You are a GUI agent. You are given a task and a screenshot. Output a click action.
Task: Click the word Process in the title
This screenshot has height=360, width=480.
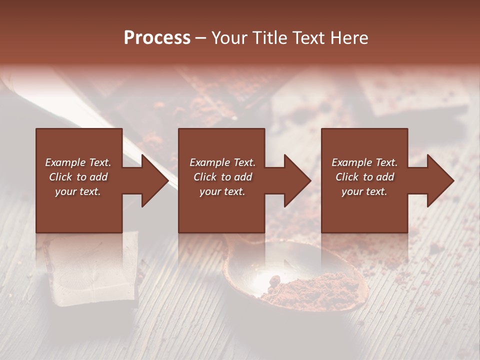click(x=157, y=38)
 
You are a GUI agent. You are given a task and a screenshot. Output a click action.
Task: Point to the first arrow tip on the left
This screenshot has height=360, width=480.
click(x=166, y=180)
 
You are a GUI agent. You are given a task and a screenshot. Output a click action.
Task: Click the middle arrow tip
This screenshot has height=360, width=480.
click(x=308, y=180)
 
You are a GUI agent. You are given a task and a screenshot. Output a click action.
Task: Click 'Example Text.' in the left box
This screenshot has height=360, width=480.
click(x=78, y=162)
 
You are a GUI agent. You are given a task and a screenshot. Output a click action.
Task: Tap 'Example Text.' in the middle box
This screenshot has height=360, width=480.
click(x=222, y=162)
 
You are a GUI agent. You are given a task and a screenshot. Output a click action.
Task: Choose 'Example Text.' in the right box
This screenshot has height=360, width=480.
click(x=364, y=162)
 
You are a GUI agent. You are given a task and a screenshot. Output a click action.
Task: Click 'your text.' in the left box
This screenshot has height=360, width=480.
click(x=78, y=191)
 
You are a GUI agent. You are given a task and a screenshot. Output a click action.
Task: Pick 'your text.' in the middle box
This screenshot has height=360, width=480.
click(x=222, y=191)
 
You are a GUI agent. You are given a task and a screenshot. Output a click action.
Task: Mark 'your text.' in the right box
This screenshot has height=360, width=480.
click(x=364, y=191)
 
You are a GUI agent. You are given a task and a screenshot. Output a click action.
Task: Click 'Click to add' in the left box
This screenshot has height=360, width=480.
click(x=78, y=177)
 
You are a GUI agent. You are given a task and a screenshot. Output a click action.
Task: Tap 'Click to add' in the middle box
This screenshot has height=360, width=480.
click(x=222, y=177)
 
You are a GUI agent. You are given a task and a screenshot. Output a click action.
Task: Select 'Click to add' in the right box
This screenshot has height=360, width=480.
click(x=364, y=177)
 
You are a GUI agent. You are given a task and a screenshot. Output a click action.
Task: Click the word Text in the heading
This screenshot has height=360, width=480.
click(x=305, y=38)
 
